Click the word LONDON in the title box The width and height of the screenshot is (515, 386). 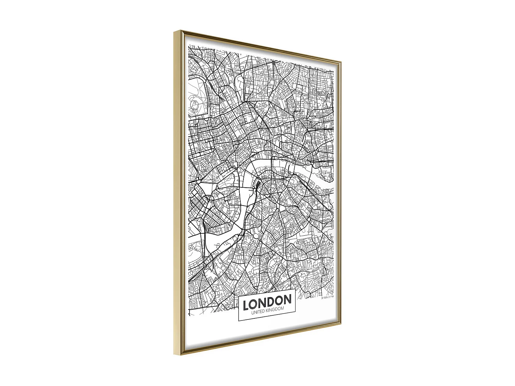click(x=267, y=302)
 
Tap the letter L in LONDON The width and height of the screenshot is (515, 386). click(x=246, y=305)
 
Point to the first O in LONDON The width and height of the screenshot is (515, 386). click(x=254, y=304)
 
